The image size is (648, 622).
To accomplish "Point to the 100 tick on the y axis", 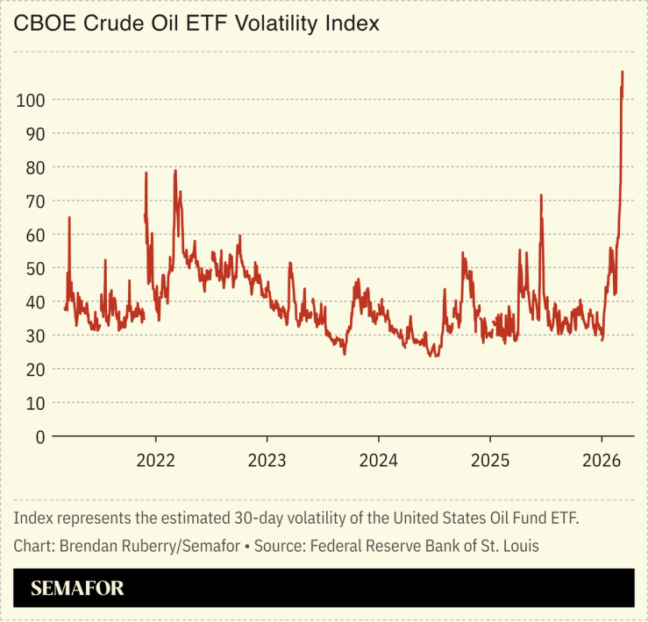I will click(31, 100).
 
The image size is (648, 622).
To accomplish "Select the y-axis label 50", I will click(34, 268).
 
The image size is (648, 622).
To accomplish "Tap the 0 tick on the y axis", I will click(39, 436).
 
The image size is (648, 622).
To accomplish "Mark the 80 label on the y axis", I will click(34, 167).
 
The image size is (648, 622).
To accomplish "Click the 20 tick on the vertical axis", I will click(34, 369).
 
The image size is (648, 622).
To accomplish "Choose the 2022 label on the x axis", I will click(156, 461).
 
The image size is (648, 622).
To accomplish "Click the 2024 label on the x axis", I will click(378, 461).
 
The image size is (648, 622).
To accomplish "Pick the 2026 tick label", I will click(601, 461).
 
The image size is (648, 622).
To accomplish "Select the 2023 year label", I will click(267, 461).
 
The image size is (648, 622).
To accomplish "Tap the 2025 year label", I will click(489, 461).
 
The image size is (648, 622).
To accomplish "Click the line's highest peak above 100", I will click(623, 73).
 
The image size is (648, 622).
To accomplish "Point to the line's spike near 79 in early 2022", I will click(175, 171).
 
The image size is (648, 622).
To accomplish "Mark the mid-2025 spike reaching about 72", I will click(541, 195).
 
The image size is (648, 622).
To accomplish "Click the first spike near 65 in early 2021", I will click(69, 217).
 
